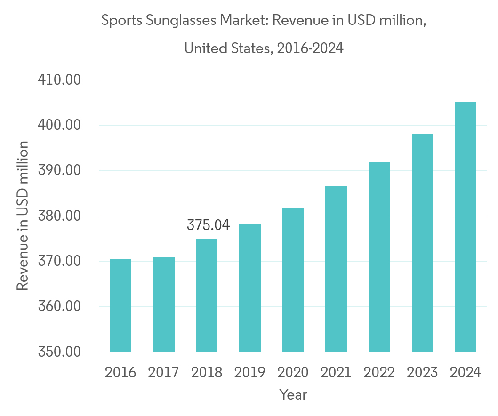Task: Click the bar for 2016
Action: click(120, 305)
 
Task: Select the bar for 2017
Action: click(163, 304)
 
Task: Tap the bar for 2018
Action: click(207, 296)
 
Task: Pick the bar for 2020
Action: click(293, 280)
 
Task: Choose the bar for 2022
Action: click(379, 257)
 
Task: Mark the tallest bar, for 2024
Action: click(466, 227)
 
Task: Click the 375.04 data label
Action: click(208, 225)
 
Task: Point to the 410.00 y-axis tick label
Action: click(59, 80)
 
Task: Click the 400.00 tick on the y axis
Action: click(59, 126)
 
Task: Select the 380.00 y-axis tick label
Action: click(59, 216)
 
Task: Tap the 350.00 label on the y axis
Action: click(59, 352)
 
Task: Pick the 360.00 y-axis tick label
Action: click(59, 307)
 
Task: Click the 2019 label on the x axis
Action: click(250, 373)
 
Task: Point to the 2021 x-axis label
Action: click(336, 373)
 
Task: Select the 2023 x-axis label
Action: click(422, 373)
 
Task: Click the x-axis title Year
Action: click(293, 394)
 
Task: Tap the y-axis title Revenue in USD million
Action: click(23, 216)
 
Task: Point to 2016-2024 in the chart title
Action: click(310, 48)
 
